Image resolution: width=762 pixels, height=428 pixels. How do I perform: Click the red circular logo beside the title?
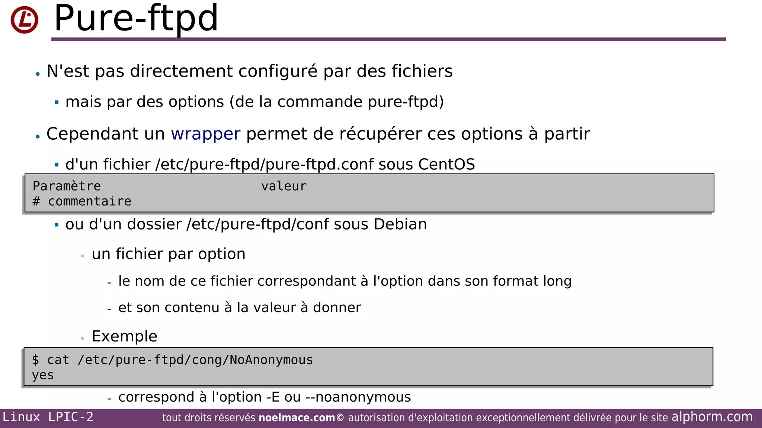pyautogui.click(x=25, y=20)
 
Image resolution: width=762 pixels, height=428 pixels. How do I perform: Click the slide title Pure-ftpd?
pyautogui.click(x=136, y=18)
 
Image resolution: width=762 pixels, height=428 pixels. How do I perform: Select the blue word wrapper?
pyautogui.click(x=205, y=134)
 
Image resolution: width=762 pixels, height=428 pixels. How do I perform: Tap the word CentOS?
pyautogui.click(x=446, y=164)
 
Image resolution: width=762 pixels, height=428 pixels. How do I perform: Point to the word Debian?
pyautogui.click(x=400, y=224)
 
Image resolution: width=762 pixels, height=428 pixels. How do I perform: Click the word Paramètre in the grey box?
pyautogui.click(x=67, y=186)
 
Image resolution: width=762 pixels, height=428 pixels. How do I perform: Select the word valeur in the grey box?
pyautogui.click(x=284, y=186)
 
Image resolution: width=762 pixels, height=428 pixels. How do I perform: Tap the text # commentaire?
pyautogui.click(x=82, y=201)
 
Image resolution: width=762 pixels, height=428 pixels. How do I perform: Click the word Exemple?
pyautogui.click(x=125, y=336)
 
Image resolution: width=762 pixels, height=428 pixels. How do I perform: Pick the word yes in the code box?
pyautogui.click(x=43, y=375)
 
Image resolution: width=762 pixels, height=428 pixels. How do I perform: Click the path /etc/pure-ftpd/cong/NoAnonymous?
pyautogui.click(x=195, y=360)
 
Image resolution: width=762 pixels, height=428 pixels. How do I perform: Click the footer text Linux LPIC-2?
pyautogui.click(x=48, y=417)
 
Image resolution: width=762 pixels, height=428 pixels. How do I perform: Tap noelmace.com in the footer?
pyautogui.click(x=297, y=418)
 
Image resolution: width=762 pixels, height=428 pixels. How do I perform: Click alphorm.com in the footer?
pyautogui.click(x=712, y=417)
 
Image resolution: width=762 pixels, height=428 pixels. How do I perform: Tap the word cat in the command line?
pyautogui.click(x=58, y=360)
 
